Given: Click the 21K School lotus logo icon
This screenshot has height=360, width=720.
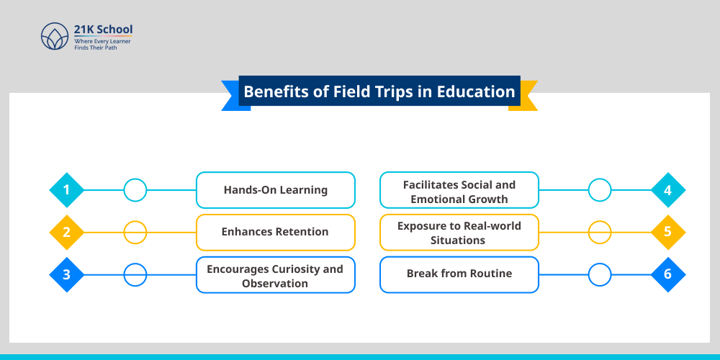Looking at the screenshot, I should pyautogui.click(x=54, y=36).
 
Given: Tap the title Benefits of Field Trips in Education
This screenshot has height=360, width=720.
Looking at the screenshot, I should pyautogui.click(x=379, y=92).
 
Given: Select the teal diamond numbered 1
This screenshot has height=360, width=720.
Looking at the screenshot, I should pyautogui.click(x=66, y=190).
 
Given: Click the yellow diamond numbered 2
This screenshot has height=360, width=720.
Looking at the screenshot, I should pyautogui.click(x=66, y=233).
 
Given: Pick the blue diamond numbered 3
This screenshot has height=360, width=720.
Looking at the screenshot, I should pyautogui.click(x=66, y=275).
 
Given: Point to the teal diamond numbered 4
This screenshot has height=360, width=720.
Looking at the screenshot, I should pyautogui.click(x=668, y=190).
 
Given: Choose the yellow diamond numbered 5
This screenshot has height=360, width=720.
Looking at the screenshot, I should pyautogui.click(x=668, y=233).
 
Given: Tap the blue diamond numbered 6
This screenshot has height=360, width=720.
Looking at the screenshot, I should pyautogui.click(x=668, y=275).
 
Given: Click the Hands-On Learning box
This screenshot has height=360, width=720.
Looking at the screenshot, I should pyautogui.click(x=276, y=190).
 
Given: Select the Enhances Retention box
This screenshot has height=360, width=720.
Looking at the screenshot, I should pyautogui.click(x=276, y=233).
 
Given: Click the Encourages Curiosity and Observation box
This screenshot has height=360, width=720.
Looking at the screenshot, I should pyautogui.click(x=276, y=275).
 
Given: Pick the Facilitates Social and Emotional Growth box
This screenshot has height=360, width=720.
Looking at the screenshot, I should pyautogui.click(x=459, y=190).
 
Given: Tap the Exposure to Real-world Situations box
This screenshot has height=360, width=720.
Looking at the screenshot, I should pyautogui.click(x=459, y=233).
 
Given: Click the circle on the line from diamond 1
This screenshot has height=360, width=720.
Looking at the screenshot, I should pyautogui.click(x=135, y=190).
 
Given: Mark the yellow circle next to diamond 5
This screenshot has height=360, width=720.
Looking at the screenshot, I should pyautogui.click(x=600, y=233).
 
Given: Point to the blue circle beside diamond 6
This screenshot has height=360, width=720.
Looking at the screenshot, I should pyautogui.click(x=600, y=275).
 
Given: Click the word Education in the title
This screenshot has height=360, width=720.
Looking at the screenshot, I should pyautogui.click(x=477, y=92).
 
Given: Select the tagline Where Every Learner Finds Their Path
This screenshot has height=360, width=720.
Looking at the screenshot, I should pyautogui.click(x=102, y=45).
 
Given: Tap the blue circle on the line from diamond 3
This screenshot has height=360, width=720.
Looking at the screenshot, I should pyautogui.click(x=135, y=275).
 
